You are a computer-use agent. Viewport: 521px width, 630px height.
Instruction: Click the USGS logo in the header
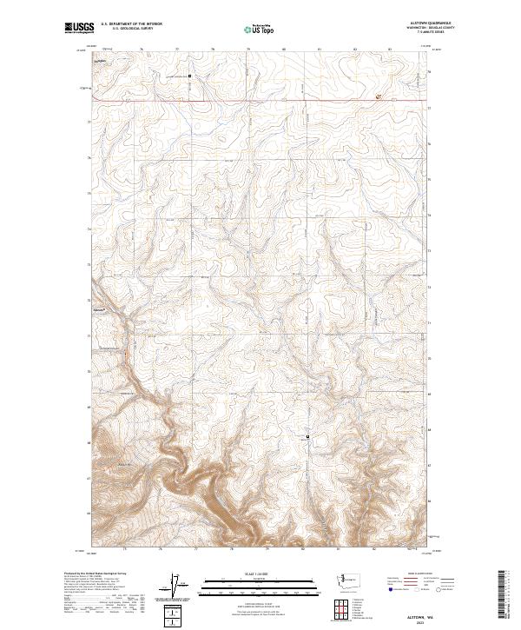79,29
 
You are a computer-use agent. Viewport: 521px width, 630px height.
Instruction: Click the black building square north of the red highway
190,76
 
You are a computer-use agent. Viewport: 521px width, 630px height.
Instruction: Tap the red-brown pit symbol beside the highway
378,97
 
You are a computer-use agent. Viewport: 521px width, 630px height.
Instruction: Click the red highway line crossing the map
260,100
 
